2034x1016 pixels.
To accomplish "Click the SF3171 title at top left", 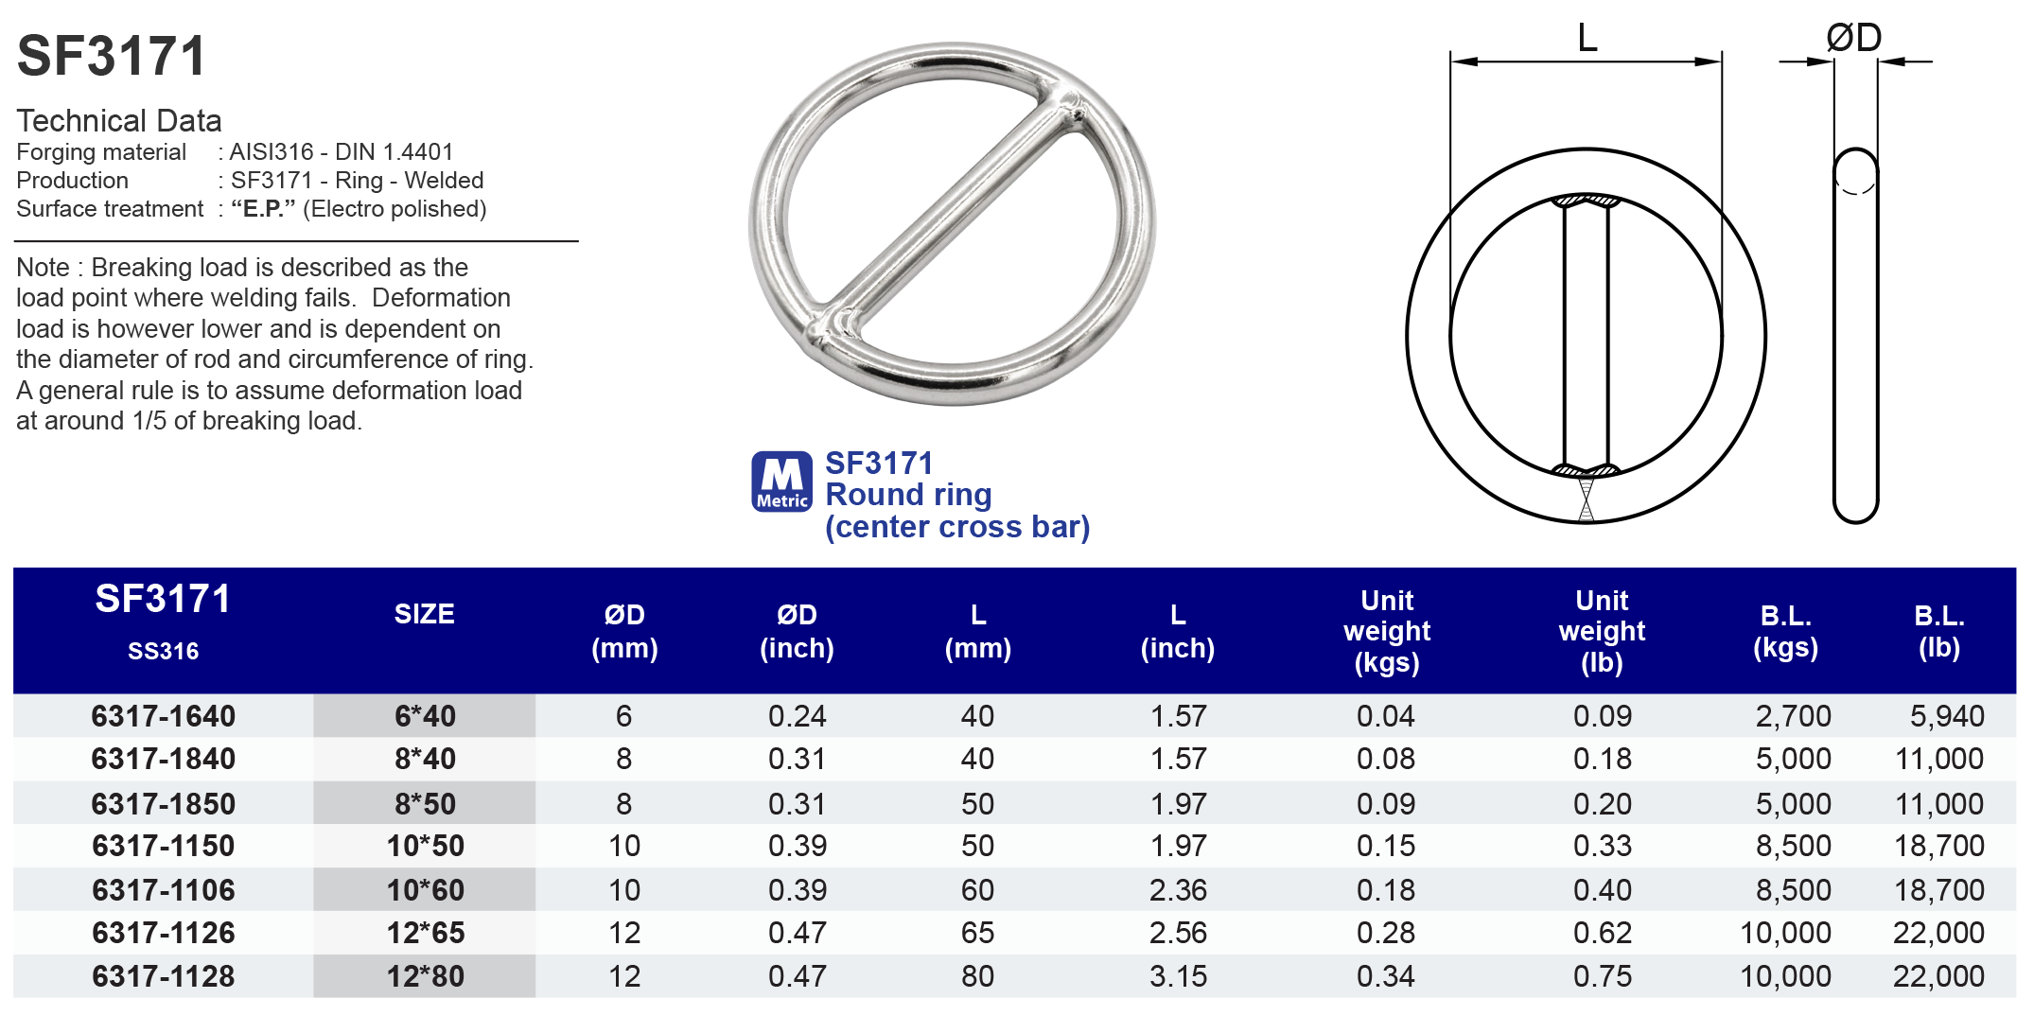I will click(112, 56).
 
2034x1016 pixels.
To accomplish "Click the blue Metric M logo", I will click(781, 482).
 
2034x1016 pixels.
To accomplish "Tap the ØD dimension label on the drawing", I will click(1853, 39).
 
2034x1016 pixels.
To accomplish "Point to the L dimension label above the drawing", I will click(1587, 39).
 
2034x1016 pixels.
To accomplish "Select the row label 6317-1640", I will click(163, 716).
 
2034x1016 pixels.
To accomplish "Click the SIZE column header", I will click(424, 615).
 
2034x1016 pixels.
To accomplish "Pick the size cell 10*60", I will click(425, 890).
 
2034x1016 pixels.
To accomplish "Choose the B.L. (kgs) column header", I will click(1785, 631).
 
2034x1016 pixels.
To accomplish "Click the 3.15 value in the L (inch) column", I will click(1178, 976).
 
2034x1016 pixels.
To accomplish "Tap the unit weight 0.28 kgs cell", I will click(1385, 933).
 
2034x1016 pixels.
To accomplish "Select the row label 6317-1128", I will click(163, 976).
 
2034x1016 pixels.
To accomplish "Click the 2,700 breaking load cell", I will click(1793, 716).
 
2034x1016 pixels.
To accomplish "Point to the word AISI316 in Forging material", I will click(272, 152).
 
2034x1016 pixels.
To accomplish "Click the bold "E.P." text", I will click(263, 209).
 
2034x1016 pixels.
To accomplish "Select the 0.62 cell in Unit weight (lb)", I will click(1602, 933).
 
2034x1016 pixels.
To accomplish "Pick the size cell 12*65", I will click(425, 933).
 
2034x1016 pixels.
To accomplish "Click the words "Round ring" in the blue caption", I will click(908, 495).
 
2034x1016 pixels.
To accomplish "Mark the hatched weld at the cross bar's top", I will click(1587, 201).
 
